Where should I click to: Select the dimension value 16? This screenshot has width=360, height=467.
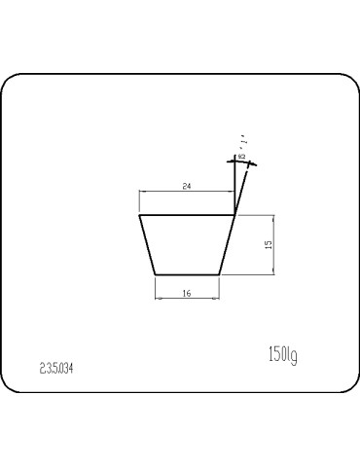185,292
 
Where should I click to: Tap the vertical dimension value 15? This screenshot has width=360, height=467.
268,245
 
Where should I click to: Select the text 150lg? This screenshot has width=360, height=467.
281,354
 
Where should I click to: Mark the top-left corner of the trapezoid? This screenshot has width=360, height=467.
140,215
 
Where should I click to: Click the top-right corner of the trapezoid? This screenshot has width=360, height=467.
234,215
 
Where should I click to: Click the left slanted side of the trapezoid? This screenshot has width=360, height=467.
148,245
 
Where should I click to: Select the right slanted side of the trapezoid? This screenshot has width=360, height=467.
227,245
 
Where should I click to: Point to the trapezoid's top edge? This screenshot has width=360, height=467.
187,215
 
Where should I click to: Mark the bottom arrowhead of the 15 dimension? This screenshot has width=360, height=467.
275,272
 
